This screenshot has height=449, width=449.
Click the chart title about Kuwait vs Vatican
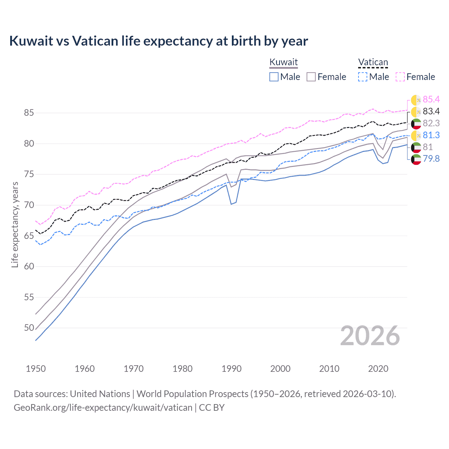click(x=159, y=41)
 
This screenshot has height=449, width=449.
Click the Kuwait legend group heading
click(x=283, y=62)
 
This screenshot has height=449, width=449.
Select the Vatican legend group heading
click(x=373, y=62)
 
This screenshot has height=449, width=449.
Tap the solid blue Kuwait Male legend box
click(x=274, y=77)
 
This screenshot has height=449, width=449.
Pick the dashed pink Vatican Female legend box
click(x=400, y=77)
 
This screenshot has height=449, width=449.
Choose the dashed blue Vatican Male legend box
click(x=363, y=77)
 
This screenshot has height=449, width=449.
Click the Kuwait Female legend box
click(x=311, y=77)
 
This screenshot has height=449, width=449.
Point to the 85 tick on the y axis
click(x=29, y=113)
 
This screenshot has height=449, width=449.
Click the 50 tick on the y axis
click(x=29, y=328)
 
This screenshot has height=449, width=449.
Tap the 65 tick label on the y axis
click(x=29, y=236)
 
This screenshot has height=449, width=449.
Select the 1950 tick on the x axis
click(x=36, y=369)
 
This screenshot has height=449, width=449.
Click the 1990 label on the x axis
click(x=232, y=369)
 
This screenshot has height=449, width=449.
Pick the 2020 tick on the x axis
click(x=378, y=369)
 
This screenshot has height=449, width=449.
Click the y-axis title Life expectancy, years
click(x=15, y=224)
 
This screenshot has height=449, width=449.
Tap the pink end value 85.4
click(x=431, y=100)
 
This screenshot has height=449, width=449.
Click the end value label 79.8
click(x=431, y=159)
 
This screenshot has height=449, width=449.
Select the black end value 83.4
click(x=431, y=112)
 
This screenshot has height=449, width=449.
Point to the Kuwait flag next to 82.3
click(x=416, y=123)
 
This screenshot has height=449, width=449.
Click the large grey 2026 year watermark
click(x=370, y=336)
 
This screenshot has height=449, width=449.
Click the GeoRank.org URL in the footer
click(x=103, y=408)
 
